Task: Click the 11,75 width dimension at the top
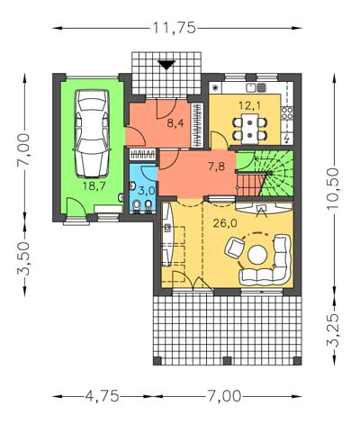click(175, 28)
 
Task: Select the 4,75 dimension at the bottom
click(102, 396)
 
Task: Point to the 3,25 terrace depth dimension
click(333, 330)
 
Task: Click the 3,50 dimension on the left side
click(23, 258)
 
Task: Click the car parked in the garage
click(92, 133)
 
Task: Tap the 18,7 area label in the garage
click(94, 186)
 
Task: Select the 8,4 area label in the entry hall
click(175, 123)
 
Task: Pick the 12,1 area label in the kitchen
click(250, 105)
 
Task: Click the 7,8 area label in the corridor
click(217, 166)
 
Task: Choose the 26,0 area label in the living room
click(225, 223)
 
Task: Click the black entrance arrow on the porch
click(166, 65)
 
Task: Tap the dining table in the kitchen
click(250, 129)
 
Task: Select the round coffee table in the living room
click(257, 255)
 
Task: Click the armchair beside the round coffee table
click(235, 248)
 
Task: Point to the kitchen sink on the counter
click(256, 87)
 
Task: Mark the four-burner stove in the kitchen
click(287, 113)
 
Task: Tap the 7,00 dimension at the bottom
click(223, 396)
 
